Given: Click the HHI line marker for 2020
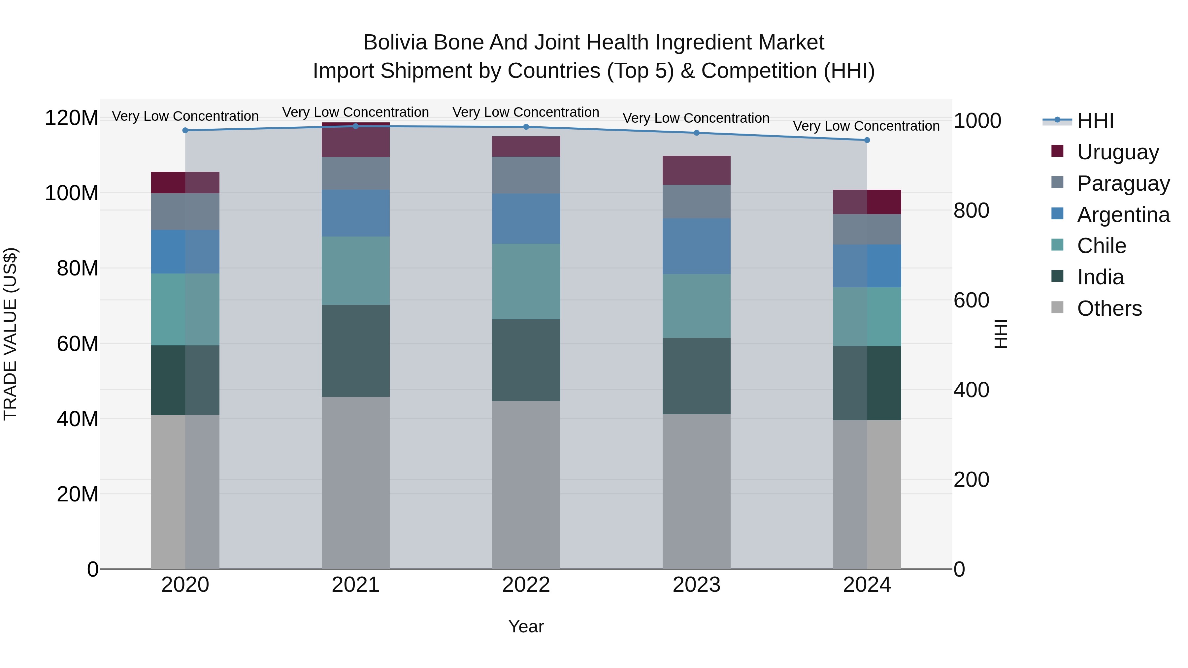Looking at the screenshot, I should click(185, 130).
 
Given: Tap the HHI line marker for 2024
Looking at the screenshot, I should click(867, 140).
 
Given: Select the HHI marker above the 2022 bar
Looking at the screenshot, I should click(526, 127).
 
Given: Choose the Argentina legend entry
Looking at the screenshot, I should click(1123, 215).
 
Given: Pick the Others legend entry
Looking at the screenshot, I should click(1109, 308).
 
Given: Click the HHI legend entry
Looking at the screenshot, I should click(1095, 121).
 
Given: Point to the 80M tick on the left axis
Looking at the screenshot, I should click(78, 268).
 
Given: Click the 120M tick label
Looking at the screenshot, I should click(72, 118).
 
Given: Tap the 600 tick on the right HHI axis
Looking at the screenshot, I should click(971, 301).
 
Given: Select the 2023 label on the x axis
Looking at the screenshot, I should click(696, 585).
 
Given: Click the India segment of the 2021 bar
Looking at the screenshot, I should click(355, 351).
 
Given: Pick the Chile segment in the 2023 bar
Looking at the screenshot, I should click(696, 306).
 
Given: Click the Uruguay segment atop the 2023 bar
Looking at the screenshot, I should click(696, 170).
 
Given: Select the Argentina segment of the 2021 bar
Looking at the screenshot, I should click(355, 213).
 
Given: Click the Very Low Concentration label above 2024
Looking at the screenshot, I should click(866, 126).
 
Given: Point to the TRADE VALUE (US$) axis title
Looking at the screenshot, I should click(11, 334).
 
